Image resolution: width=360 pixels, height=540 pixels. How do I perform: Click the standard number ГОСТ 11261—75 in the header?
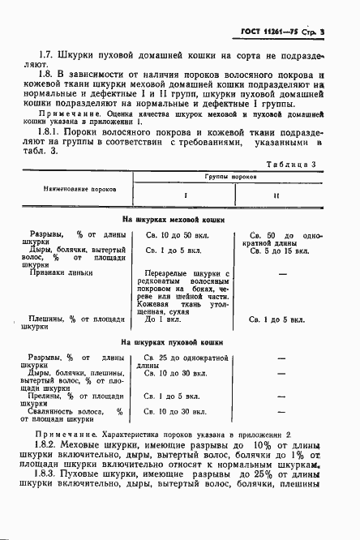[x=268, y=30]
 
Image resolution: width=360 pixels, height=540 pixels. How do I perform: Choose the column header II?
[x=276, y=195]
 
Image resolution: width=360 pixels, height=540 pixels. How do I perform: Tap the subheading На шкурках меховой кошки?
[x=173, y=219]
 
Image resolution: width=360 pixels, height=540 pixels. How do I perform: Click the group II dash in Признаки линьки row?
[x=284, y=274]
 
